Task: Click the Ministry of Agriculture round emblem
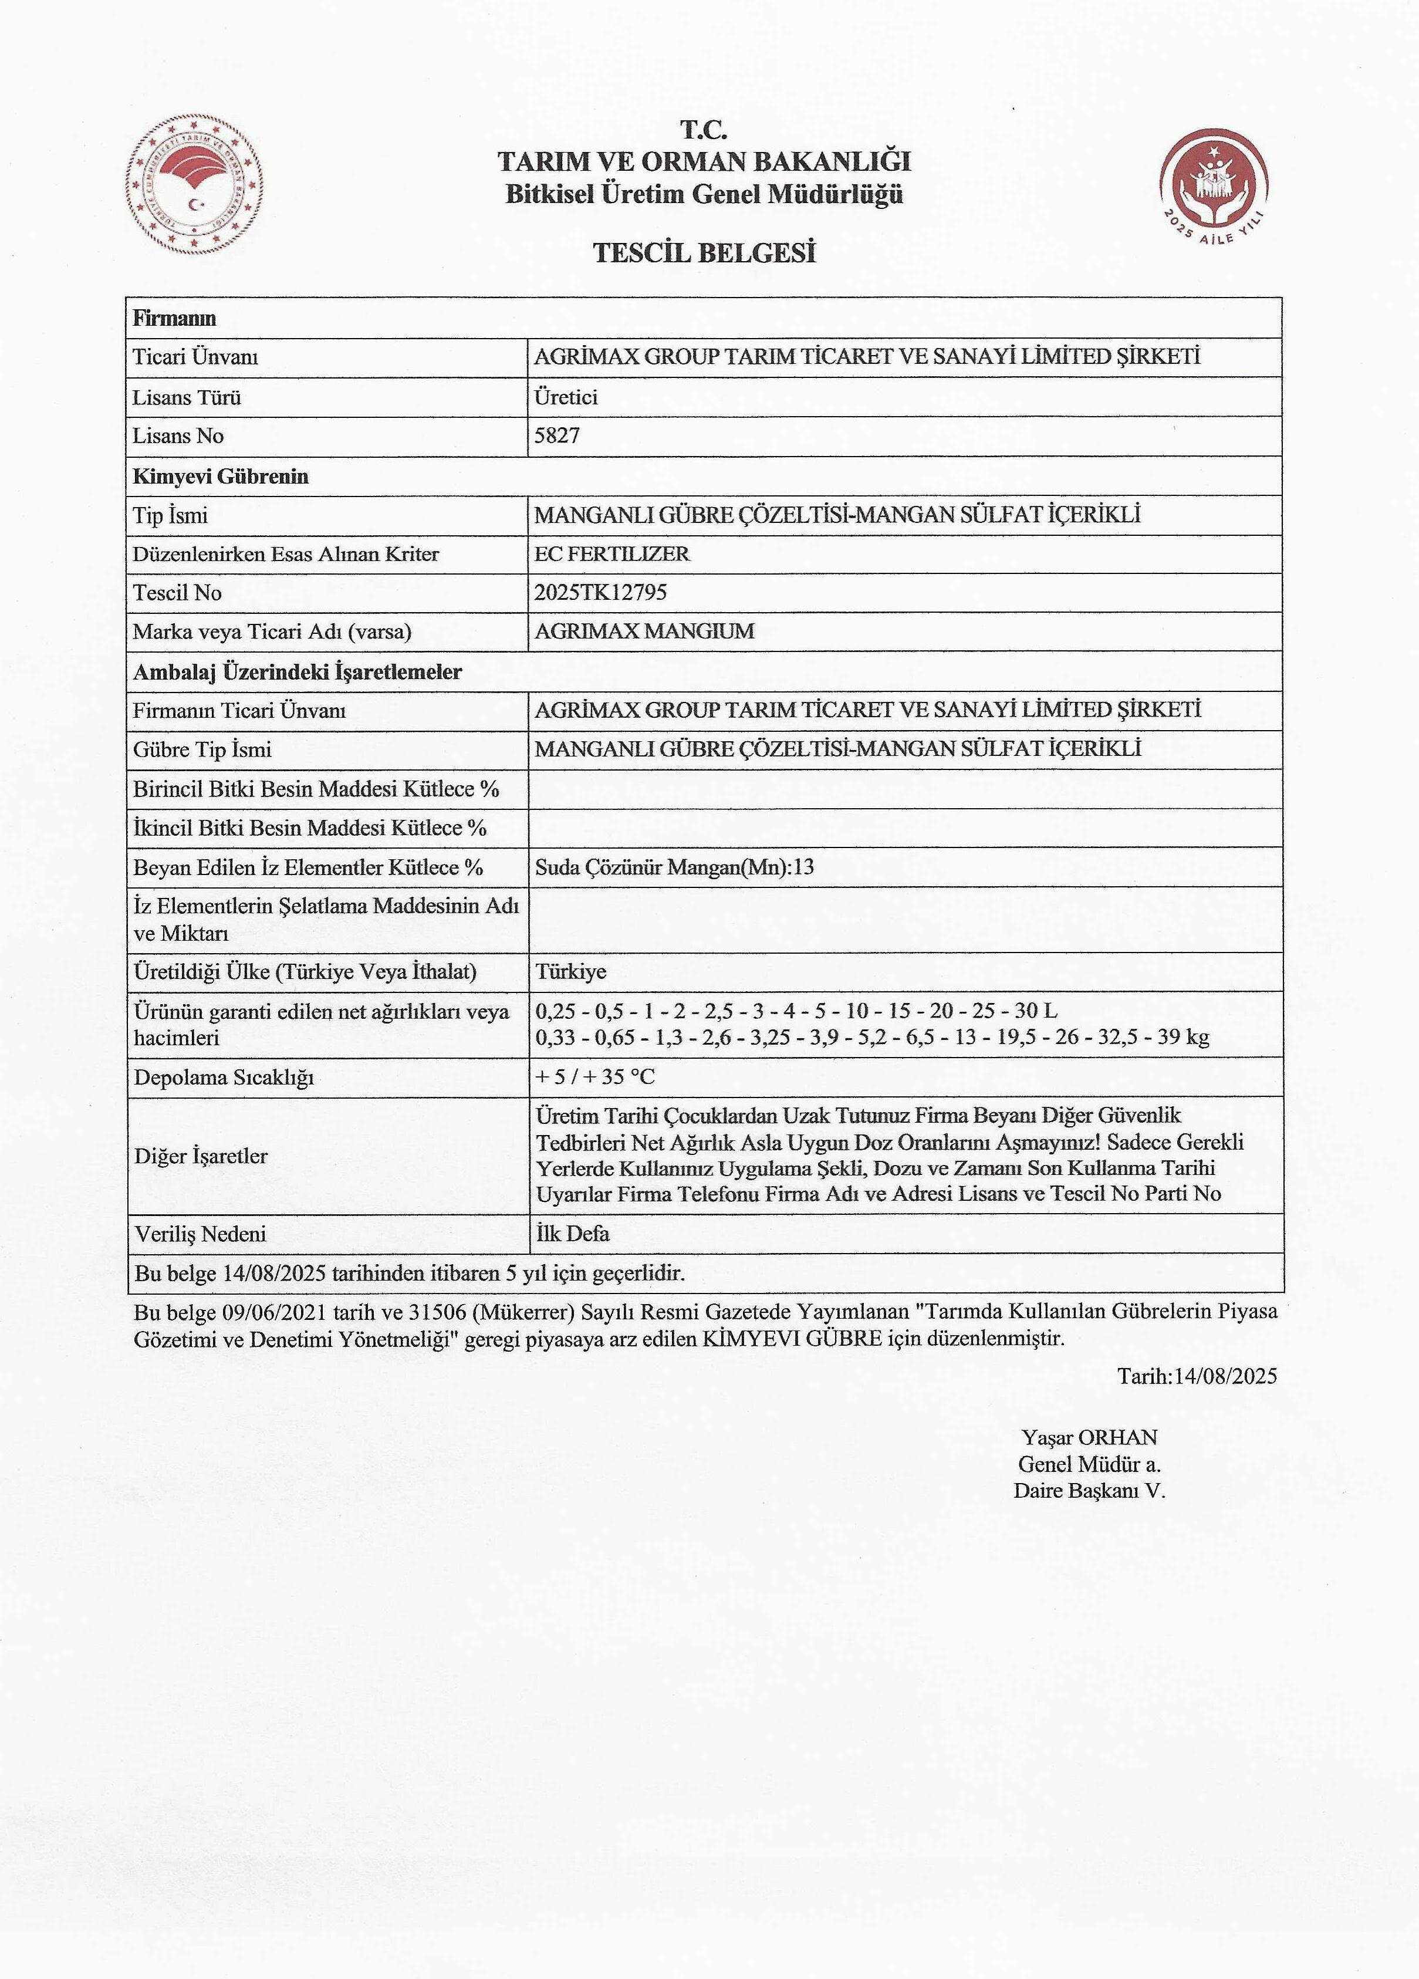(x=194, y=185)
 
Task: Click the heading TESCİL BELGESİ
(x=704, y=253)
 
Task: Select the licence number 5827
(x=557, y=435)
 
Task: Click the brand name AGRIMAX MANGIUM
(x=644, y=631)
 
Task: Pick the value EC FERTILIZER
(x=611, y=554)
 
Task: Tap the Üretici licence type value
(x=566, y=397)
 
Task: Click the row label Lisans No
(x=178, y=436)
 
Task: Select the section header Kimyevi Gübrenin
(x=221, y=477)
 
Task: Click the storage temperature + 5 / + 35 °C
(x=595, y=1077)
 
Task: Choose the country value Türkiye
(x=571, y=971)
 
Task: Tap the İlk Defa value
(x=573, y=1233)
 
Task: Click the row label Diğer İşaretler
(x=201, y=1155)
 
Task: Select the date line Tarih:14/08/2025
(x=1197, y=1376)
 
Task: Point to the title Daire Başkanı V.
(x=1089, y=1490)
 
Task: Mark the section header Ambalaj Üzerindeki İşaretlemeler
(x=298, y=672)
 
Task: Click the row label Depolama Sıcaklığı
(x=224, y=1078)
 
